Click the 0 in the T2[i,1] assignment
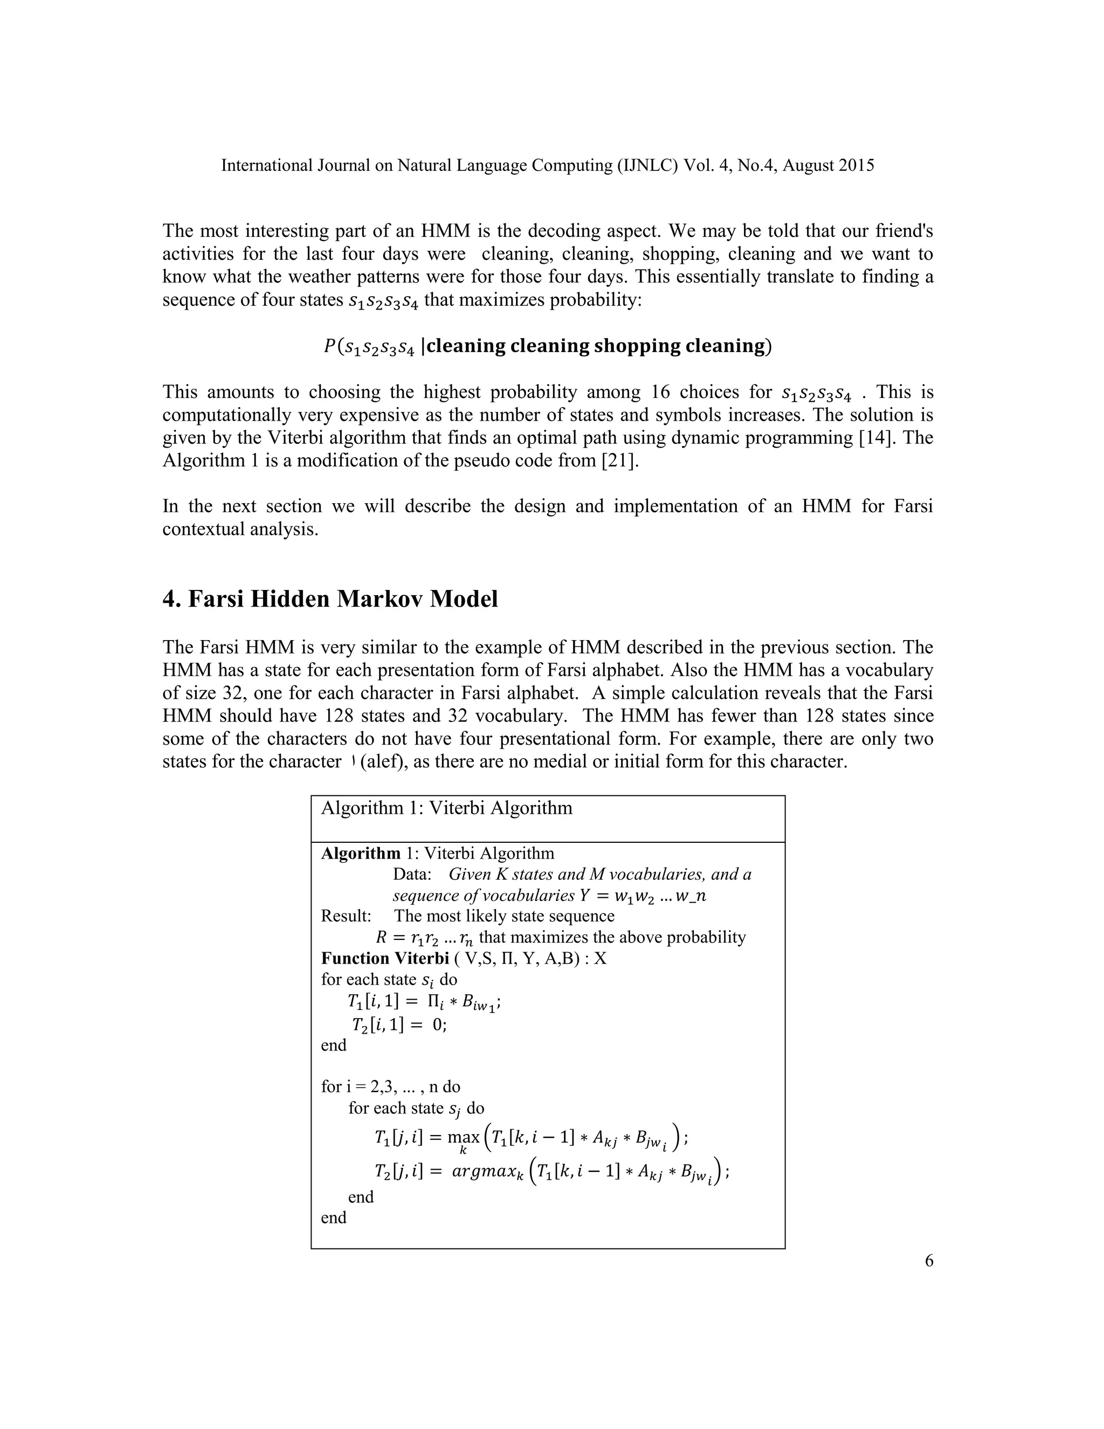tap(438, 1025)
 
